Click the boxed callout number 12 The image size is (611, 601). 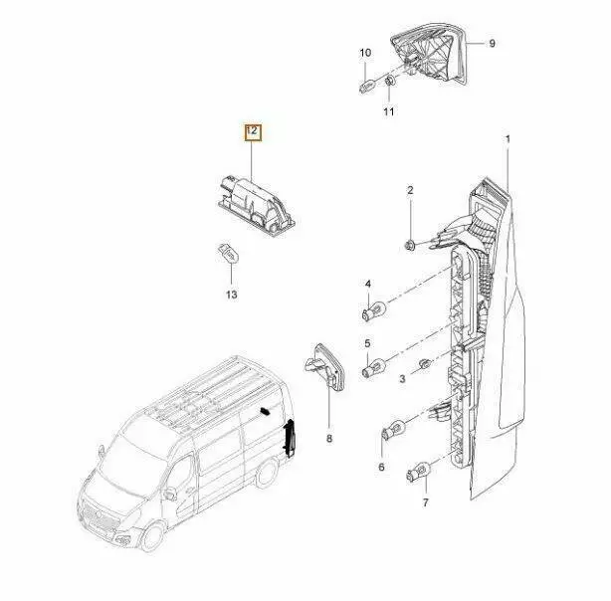tap(253, 131)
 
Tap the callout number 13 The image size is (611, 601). tap(232, 295)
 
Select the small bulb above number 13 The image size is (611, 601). tap(228, 253)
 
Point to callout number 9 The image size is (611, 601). tap(492, 43)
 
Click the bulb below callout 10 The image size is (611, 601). tap(367, 85)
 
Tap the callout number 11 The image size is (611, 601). tap(388, 111)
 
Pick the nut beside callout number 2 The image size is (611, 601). tap(410, 246)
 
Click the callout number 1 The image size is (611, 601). tap(508, 139)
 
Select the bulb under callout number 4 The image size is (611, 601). tap(373, 311)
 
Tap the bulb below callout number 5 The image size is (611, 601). tap(374, 368)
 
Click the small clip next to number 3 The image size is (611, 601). tap(423, 364)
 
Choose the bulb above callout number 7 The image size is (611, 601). tap(418, 471)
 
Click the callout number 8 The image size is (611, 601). tap(329, 439)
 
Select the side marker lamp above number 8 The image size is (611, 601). tap(324, 366)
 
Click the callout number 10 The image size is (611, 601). tap(365, 53)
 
